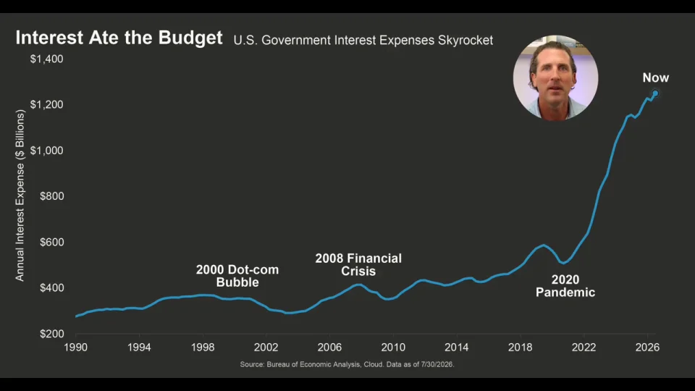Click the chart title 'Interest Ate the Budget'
click(x=119, y=38)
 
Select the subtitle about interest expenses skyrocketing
click(x=363, y=41)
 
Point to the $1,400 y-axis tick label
click(x=46, y=59)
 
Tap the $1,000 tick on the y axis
click(x=46, y=151)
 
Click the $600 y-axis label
click(x=52, y=242)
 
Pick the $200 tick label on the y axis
click(x=52, y=334)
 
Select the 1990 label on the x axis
click(x=75, y=348)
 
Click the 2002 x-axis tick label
click(x=266, y=348)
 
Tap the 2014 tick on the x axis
click(x=457, y=348)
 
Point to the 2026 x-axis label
click(x=647, y=348)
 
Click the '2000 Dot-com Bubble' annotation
click(x=237, y=276)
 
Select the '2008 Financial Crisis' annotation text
click(x=358, y=265)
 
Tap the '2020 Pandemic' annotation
click(x=565, y=286)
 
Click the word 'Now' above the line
click(x=656, y=78)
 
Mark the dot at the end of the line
click(x=655, y=93)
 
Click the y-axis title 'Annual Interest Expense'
click(x=20, y=195)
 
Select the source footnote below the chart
click(x=347, y=364)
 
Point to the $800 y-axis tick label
click(x=52, y=196)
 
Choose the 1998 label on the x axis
click(x=203, y=348)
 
